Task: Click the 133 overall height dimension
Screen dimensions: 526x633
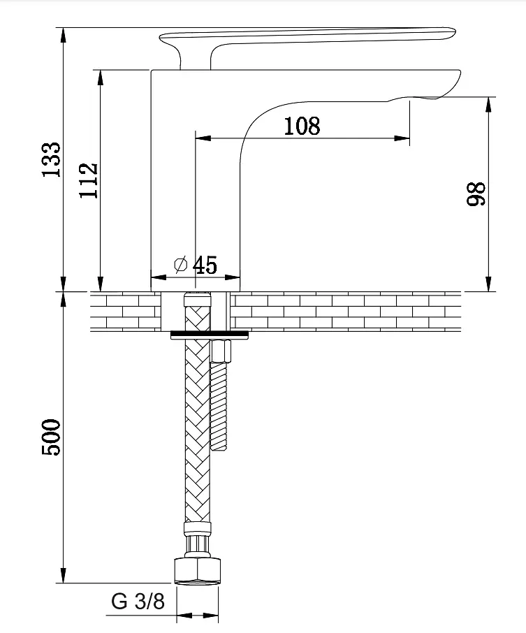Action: pyautogui.click(x=52, y=159)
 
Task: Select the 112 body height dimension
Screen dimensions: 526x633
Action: pyautogui.click(x=89, y=180)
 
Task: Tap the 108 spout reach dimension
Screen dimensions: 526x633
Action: pyautogui.click(x=302, y=126)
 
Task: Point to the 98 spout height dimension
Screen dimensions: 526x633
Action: pyautogui.click(x=476, y=194)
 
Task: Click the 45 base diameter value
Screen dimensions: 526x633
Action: pyautogui.click(x=205, y=265)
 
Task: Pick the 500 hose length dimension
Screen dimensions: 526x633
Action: pyautogui.click(x=51, y=437)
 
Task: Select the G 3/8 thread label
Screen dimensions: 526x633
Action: pyautogui.click(x=138, y=601)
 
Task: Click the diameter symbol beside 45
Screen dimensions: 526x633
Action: pyautogui.click(x=181, y=264)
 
